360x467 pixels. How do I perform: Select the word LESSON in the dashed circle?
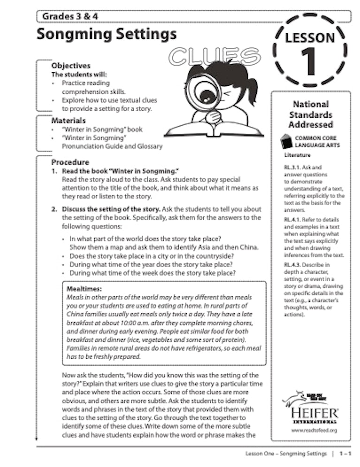point(310,38)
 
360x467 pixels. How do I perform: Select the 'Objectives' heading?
point(71,66)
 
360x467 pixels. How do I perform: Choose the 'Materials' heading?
point(69,121)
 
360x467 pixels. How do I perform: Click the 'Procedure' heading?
point(70,162)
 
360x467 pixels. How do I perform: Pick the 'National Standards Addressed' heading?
point(310,114)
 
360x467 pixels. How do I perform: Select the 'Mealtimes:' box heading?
point(84,289)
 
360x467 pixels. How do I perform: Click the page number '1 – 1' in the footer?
point(345,454)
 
